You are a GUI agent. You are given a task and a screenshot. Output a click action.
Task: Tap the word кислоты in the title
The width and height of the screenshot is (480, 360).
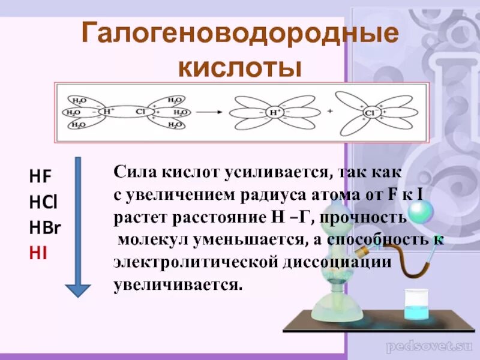pyautogui.click(x=240, y=67)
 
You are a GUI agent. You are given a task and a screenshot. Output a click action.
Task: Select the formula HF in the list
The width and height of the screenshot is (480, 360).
pyautogui.click(x=40, y=176)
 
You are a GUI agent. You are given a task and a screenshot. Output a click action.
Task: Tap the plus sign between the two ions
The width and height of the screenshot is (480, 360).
pyautogui.click(x=329, y=112)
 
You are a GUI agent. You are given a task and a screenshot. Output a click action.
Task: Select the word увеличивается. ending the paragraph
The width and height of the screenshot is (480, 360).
pyautogui.click(x=178, y=285)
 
